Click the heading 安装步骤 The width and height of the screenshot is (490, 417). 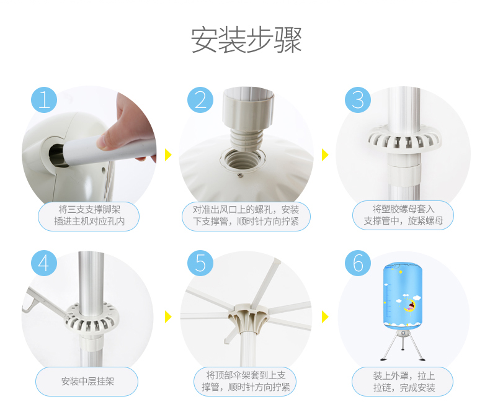pyautogui.click(x=246, y=40)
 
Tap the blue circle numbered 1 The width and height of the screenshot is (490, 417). pyautogui.click(x=44, y=100)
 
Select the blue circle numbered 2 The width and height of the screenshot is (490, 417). pyautogui.click(x=200, y=100)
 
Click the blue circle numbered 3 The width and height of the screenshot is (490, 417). pyautogui.click(x=358, y=100)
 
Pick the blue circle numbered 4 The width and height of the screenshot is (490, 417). pyautogui.click(x=44, y=263)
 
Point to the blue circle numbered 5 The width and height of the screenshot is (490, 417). pyautogui.click(x=200, y=263)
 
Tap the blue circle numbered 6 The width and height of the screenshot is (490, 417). pyautogui.click(x=358, y=263)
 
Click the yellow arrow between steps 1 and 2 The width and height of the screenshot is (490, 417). pyautogui.click(x=168, y=155)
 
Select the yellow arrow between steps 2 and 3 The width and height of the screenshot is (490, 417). pyautogui.click(x=325, y=155)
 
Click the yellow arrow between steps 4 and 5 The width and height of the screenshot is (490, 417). pyautogui.click(x=168, y=316)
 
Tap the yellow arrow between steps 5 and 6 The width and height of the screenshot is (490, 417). pyautogui.click(x=325, y=316)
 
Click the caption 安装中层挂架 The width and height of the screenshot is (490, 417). pyautogui.click(x=87, y=382)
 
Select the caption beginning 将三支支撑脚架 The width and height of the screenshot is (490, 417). pyautogui.click(x=89, y=215)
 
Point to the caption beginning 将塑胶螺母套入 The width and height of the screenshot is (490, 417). pyautogui.click(x=403, y=215)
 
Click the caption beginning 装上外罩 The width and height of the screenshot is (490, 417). pyautogui.click(x=404, y=382)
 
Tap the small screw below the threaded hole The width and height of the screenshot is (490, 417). pyautogui.click(x=240, y=176)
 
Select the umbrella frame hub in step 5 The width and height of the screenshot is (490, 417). pyautogui.click(x=249, y=317)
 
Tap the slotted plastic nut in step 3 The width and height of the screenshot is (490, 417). pyautogui.click(x=404, y=138)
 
